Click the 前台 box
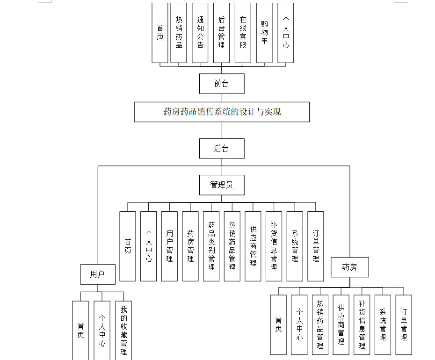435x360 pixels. [222, 84]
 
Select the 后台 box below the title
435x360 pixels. [222, 149]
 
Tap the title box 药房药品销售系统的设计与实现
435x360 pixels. [222, 112]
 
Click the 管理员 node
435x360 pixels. [222, 185]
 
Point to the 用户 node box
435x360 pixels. [97, 274]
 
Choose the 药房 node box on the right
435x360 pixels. [349, 267]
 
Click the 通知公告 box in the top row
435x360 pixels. [200, 33]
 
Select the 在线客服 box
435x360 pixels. [243, 33]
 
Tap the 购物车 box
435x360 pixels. [264, 33]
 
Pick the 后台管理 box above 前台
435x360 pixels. [221, 33]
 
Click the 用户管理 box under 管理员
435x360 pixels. [169, 246]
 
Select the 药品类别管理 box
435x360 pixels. [211, 246]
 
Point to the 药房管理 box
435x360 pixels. [190, 246]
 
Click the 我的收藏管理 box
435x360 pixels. [123, 330]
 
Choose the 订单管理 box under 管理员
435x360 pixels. [316, 246]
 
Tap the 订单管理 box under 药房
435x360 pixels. [404, 324]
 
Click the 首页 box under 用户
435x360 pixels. [80, 330]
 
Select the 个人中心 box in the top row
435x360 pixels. [286, 33]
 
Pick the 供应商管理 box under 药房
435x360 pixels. [341, 324]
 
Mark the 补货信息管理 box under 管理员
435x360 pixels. [274, 246]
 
